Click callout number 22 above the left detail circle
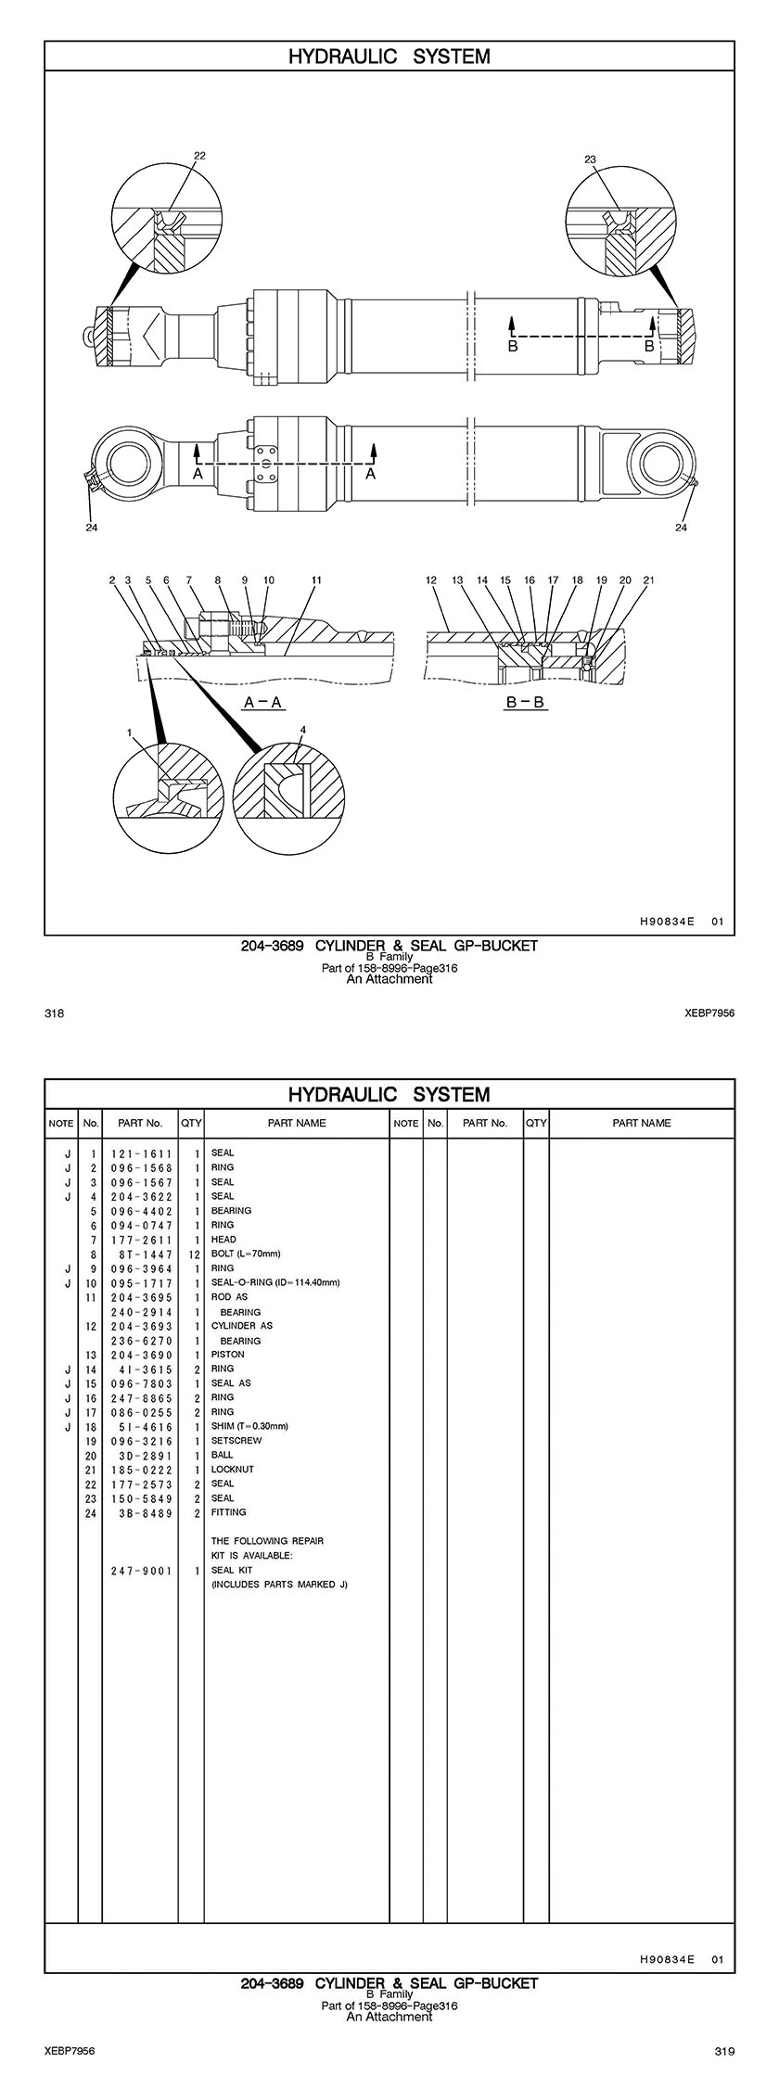[x=199, y=156]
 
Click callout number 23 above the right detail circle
[x=590, y=159]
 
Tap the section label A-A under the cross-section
[x=262, y=703]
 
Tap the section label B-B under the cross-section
[x=526, y=703]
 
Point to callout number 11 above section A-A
[x=316, y=580]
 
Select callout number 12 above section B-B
[x=431, y=580]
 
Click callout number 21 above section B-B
[x=649, y=580]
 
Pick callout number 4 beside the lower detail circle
[x=302, y=730]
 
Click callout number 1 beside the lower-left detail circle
[x=131, y=733]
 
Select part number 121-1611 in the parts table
[x=142, y=1153]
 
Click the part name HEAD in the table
[x=223, y=1240]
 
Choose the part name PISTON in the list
[x=228, y=1355]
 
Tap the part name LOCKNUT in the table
[x=232, y=1470]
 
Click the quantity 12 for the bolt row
[x=194, y=1255]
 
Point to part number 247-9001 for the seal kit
[x=142, y=1571]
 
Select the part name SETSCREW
[x=236, y=1441]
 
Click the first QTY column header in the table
[x=191, y=1123]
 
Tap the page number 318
[x=54, y=1013]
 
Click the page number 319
[x=724, y=2050]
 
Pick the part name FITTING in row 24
[x=229, y=1512]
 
